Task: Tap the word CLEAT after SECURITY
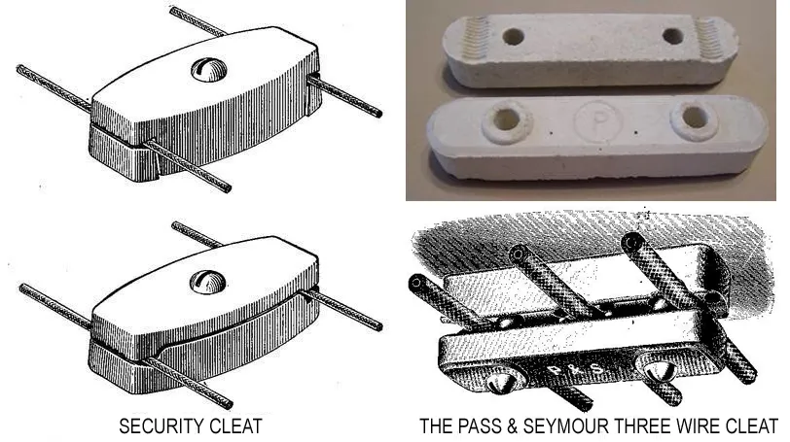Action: [233, 426]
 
